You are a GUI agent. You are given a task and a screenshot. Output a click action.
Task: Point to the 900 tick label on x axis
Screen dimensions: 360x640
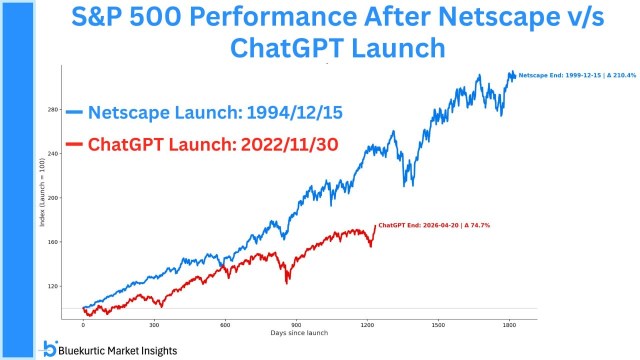pyautogui.click(x=296, y=324)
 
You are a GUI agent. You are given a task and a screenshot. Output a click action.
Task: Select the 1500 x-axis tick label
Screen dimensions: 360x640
pyautogui.click(x=438, y=324)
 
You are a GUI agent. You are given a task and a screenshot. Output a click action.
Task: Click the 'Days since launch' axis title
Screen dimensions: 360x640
pyautogui.click(x=299, y=333)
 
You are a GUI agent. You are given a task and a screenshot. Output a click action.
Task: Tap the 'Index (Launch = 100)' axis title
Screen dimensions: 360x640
pyautogui.click(x=42, y=192)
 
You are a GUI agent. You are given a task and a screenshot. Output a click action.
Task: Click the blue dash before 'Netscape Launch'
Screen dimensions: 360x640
pyautogui.click(x=74, y=112)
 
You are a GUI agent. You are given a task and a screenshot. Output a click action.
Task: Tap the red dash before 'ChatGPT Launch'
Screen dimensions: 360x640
pyautogui.click(x=74, y=144)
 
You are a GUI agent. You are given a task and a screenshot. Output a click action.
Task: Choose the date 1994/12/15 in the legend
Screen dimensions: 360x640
pyautogui.click(x=294, y=112)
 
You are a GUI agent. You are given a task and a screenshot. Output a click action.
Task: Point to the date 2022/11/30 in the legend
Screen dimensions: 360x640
pyautogui.click(x=289, y=144)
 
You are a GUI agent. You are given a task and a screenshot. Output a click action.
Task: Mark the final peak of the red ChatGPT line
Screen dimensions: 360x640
pyautogui.click(x=375, y=225)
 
